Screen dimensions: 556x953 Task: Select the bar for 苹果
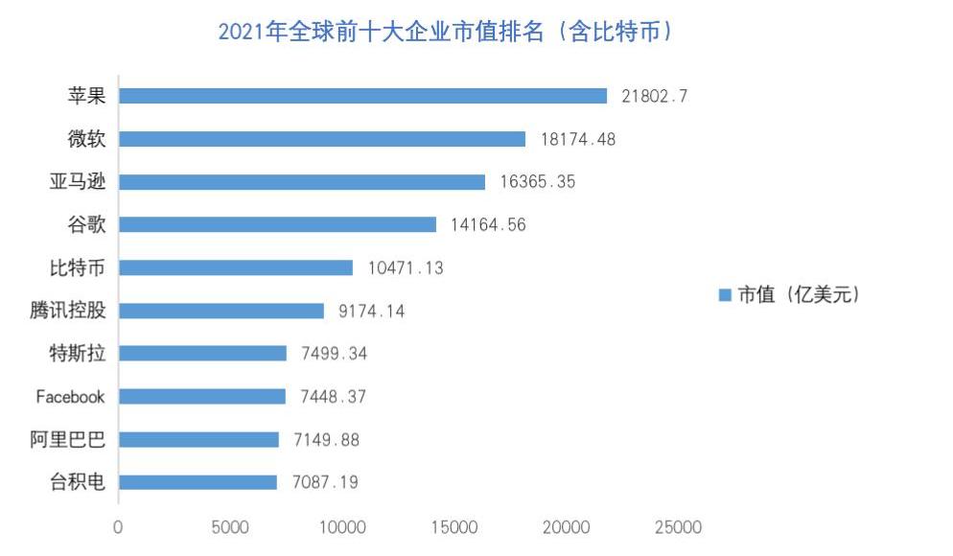(362, 96)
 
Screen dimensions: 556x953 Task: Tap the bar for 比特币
(235, 267)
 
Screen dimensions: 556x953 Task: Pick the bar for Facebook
(201, 396)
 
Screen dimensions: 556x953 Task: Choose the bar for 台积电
(198, 482)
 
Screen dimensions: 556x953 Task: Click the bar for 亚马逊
(301, 181)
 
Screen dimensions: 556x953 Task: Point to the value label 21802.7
(655, 96)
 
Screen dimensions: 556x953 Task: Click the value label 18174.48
(577, 139)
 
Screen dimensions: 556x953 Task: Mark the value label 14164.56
(488, 225)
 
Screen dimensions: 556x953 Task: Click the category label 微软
(84, 138)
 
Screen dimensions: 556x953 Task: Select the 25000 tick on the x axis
(678, 527)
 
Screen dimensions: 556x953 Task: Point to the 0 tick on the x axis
(118, 527)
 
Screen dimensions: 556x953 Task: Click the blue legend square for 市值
(725, 295)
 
